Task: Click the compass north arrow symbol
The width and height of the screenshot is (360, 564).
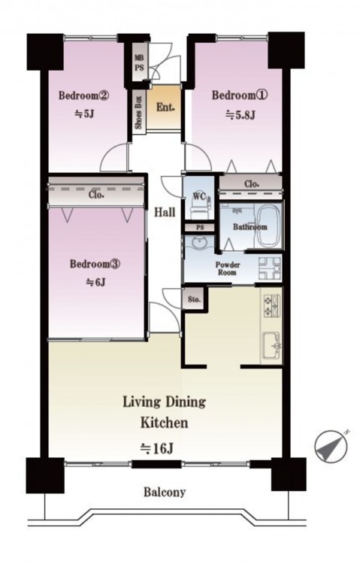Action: pyautogui.click(x=331, y=446)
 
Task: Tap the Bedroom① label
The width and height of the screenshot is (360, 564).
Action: pyautogui.click(x=240, y=96)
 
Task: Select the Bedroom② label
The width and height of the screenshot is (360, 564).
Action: pyautogui.click(x=83, y=96)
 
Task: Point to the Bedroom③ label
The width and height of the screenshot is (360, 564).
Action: pyautogui.click(x=95, y=264)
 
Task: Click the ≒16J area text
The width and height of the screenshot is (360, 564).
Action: pyautogui.click(x=157, y=448)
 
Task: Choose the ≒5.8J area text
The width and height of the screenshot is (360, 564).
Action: pyautogui.click(x=241, y=115)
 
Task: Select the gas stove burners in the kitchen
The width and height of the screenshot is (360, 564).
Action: pyautogui.click(x=271, y=306)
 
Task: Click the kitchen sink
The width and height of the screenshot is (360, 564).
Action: pyautogui.click(x=271, y=346)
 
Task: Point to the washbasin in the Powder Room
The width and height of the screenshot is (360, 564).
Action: pyautogui.click(x=197, y=244)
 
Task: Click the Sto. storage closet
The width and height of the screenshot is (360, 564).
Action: pyautogui.click(x=194, y=299)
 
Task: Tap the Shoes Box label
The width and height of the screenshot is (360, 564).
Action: pyautogui.click(x=138, y=113)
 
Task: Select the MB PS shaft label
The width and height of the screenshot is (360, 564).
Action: pyautogui.click(x=139, y=62)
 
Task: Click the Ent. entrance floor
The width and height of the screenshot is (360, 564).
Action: pyautogui.click(x=164, y=107)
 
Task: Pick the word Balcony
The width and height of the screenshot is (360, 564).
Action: pyautogui.click(x=165, y=492)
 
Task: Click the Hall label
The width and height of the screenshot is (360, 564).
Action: pyautogui.click(x=165, y=212)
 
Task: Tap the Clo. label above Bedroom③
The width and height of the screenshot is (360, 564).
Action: pyautogui.click(x=96, y=195)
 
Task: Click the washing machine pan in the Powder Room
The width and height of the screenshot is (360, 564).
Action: pyautogui.click(x=270, y=268)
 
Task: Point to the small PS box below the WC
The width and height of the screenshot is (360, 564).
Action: pyautogui.click(x=200, y=228)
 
